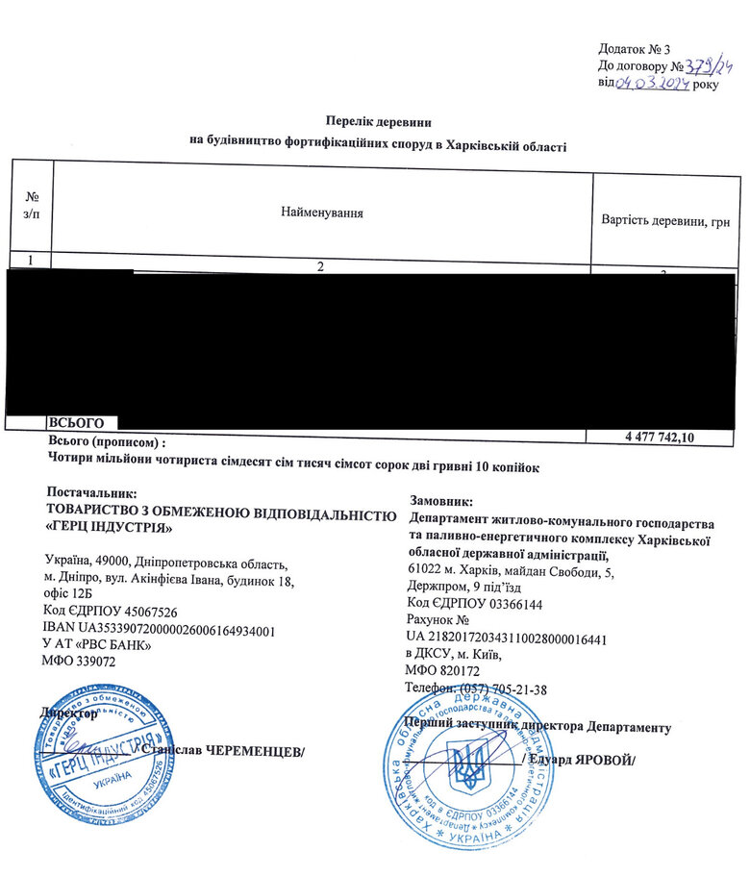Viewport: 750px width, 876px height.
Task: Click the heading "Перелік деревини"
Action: tap(378, 122)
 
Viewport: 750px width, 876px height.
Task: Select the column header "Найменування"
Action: tap(321, 211)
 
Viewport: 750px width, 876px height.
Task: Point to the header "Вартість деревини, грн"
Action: tap(665, 221)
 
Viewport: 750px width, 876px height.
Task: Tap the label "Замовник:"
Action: tap(441, 501)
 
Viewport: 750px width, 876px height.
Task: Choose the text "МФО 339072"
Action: tap(81, 662)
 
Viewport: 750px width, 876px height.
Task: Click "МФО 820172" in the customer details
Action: tap(444, 670)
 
